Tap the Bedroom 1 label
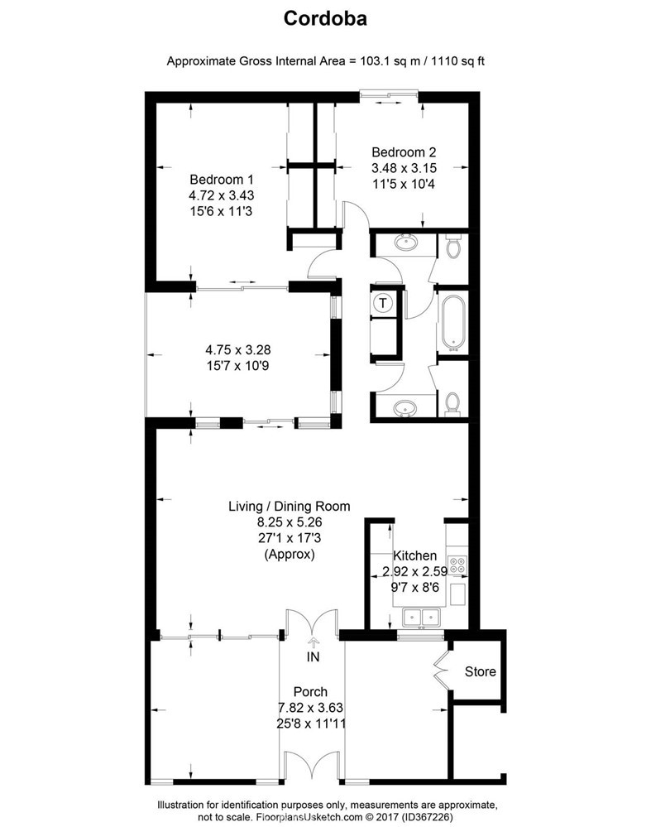click(221, 180)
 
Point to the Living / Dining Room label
click(290, 507)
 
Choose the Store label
click(480, 671)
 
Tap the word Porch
click(310, 692)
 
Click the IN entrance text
click(313, 657)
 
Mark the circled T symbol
click(383, 304)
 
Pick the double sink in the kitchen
click(420, 617)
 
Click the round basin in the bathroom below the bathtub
click(405, 408)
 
